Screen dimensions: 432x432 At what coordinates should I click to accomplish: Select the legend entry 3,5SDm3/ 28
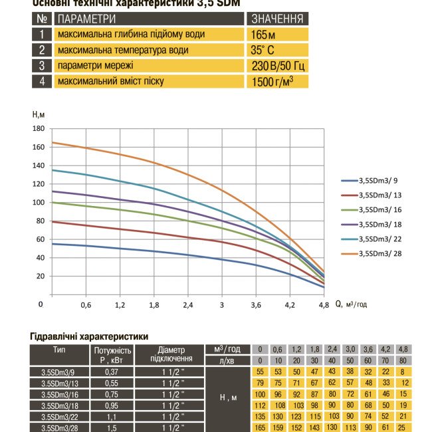pos(379,253)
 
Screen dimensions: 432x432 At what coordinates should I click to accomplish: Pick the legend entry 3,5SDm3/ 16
pos(379,209)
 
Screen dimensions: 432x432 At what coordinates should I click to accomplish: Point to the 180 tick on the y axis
pos(38,128)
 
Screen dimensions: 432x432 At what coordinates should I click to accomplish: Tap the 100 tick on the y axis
pos(38,202)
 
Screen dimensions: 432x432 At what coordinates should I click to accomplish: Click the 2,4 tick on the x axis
pos(187,305)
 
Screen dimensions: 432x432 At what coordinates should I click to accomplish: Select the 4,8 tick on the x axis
pos(324,305)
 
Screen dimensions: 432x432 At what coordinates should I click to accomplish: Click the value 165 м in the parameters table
pos(264,34)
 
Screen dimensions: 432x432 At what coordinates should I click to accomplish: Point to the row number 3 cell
pos(41,66)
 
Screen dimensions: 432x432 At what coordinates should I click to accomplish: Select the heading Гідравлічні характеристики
pos(89,337)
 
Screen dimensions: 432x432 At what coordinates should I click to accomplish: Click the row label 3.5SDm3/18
pos(58,404)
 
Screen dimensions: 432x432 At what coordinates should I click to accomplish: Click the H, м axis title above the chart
pos(40,115)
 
